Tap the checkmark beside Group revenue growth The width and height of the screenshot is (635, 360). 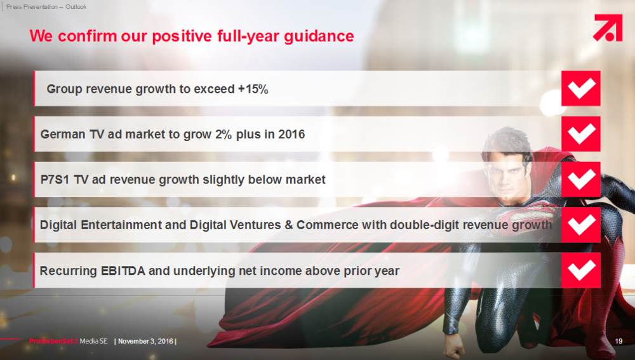pyautogui.click(x=581, y=88)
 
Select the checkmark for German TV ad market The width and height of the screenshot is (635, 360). pyautogui.click(x=581, y=134)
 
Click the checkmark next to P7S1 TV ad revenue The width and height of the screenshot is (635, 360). pyautogui.click(x=581, y=180)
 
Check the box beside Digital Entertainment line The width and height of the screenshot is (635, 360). pyautogui.click(x=581, y=225)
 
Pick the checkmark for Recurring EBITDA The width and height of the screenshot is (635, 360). pyautogui.click(x=581, y=270)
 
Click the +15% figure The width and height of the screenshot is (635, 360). pyautogui.click(x=253, y=89)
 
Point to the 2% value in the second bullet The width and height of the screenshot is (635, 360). pyautogui.click(x=223, y=134)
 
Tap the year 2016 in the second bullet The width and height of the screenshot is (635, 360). pyautogui.click(x=291, y=134)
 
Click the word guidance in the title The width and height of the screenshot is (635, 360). pyautogui.click(x=319, y=36)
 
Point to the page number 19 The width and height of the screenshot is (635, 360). pyautogui.click(x=618, y=342)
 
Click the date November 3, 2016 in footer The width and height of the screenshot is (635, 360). pyautogui.click(x=146, y=342)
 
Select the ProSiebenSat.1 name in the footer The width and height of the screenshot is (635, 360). pyautogui.click(x=53, y=341)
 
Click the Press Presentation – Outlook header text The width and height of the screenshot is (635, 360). pyautogui.click(x=46, y=6)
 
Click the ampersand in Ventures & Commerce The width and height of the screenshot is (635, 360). pyautogui.click(x=289, y=225)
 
